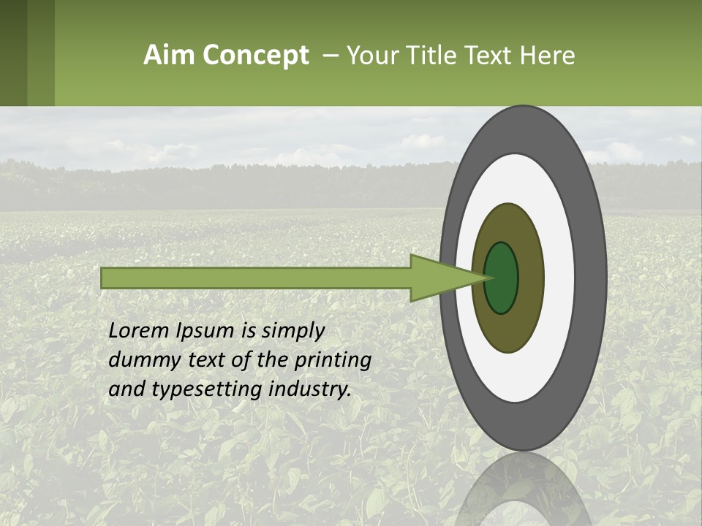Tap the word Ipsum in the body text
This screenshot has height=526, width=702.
(x=209, y=332)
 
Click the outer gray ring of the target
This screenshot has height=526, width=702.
(x=592, y=278)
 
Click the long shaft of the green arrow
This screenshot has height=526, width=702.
(x=256, y=278)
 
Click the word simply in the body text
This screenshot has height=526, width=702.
(x=292, y=332)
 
